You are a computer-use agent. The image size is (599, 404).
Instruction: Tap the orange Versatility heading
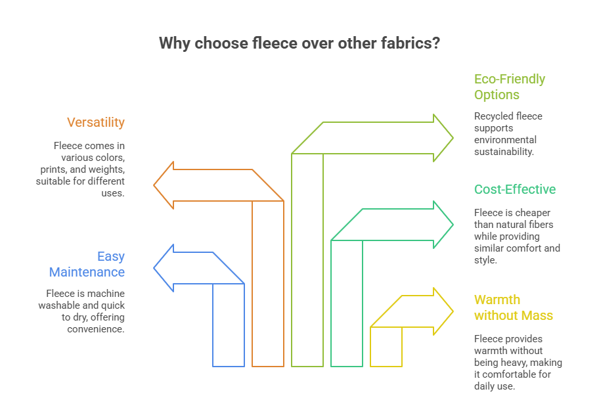click(x=95, y=123)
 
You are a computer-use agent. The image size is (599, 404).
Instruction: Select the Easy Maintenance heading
click(x=87, y=264)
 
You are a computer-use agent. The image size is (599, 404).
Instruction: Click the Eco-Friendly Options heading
click(x=510, y=87)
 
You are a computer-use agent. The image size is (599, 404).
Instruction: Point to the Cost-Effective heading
click(x=515, y=190)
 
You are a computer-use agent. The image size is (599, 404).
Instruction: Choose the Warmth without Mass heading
click(x=514, y=307)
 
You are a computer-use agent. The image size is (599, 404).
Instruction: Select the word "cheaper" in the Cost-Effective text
click(x=531, y=213)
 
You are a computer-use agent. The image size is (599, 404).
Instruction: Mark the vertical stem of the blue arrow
click(x=229, y=325)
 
